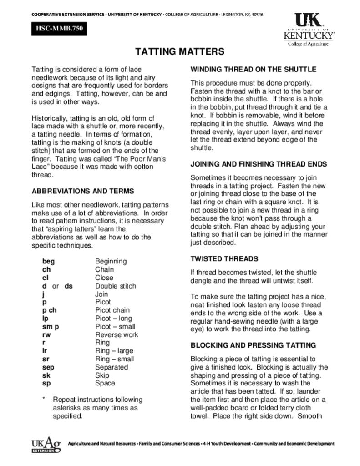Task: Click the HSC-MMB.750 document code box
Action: (57, 31)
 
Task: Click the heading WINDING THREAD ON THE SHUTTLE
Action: (253, 69)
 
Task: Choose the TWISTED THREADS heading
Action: (224, 258)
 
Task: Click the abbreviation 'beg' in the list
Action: (49, 261)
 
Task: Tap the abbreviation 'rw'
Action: (46, 334)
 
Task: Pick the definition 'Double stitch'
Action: (116, 286)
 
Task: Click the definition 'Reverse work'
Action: (117, 334)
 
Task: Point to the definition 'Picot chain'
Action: (112, 310)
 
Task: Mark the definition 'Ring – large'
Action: (114, 350)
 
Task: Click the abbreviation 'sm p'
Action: (51, 326)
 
